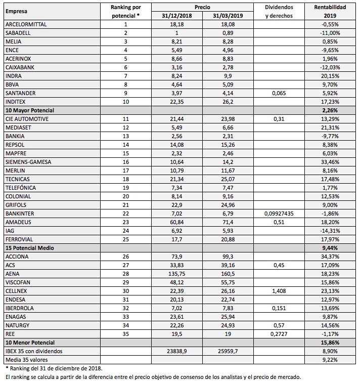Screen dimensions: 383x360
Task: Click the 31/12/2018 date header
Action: [x=175, y=16]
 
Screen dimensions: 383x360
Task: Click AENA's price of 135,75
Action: [x=175, y=274]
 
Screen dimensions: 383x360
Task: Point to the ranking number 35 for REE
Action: [x=125, y=334]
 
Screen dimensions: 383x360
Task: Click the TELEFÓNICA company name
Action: [x=21, y=188]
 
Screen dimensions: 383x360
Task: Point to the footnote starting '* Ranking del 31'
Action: [x=53, y=368]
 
